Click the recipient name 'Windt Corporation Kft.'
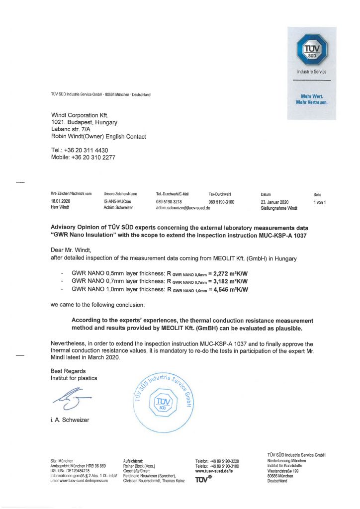(80, 115)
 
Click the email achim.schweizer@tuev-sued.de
(183, 208)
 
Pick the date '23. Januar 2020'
(274, 202)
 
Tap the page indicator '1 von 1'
(319, 202)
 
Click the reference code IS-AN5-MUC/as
(117, 202)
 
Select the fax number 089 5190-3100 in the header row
(221, 202)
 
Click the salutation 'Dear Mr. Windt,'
(72, 250)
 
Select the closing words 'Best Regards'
(68, 371)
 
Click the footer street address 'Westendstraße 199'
(283, 471)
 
